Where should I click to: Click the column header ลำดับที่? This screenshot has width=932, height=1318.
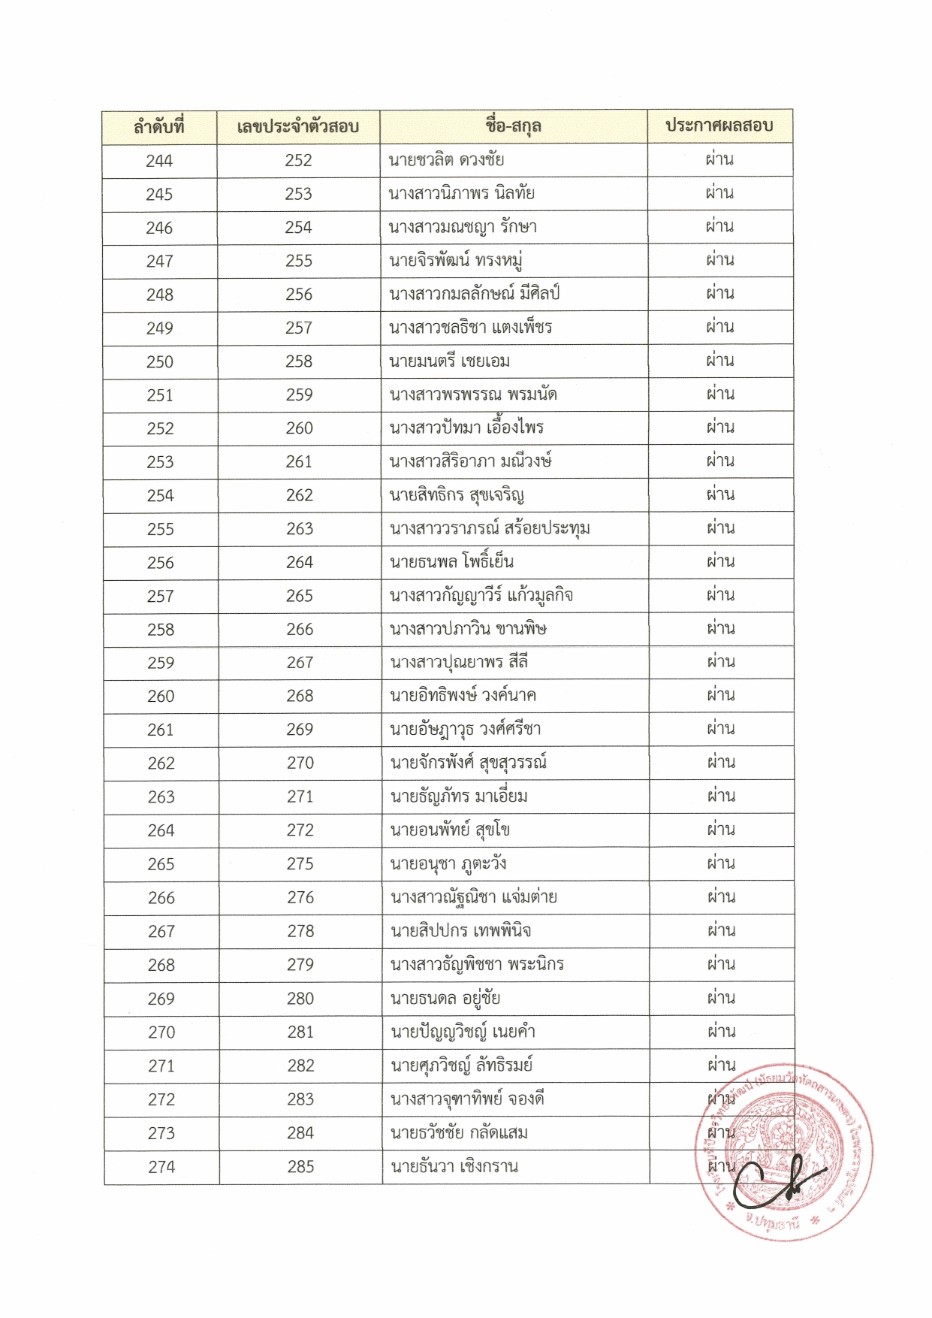point(159,126)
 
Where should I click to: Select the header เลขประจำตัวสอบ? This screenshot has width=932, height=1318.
point(297,126)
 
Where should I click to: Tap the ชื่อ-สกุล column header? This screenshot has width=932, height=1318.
point(514,126)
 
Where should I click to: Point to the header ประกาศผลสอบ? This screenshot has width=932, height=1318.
point(719,125)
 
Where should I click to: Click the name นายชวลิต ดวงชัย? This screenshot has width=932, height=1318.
point(446,160)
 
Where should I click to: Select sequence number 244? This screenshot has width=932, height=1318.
point(159,161)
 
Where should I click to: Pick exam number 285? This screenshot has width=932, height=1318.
point(300,1167)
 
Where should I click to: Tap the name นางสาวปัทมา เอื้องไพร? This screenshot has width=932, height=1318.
point(466,428)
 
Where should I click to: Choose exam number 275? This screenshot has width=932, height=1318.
point(300,864)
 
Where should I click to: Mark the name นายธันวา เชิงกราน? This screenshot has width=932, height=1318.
point(454,1167)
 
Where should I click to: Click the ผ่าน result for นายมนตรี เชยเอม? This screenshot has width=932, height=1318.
point(720,361)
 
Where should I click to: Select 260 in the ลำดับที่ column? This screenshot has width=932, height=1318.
point(161,697)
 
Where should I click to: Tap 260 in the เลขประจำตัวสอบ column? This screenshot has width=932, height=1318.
point(299,428)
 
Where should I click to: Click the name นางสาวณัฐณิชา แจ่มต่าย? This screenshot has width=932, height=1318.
point(474,897)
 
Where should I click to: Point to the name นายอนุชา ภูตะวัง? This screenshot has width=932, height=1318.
point(448,864)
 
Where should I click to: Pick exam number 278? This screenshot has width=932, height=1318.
point(300,931)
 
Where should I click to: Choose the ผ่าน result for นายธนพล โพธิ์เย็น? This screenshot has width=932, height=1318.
point(720,561)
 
